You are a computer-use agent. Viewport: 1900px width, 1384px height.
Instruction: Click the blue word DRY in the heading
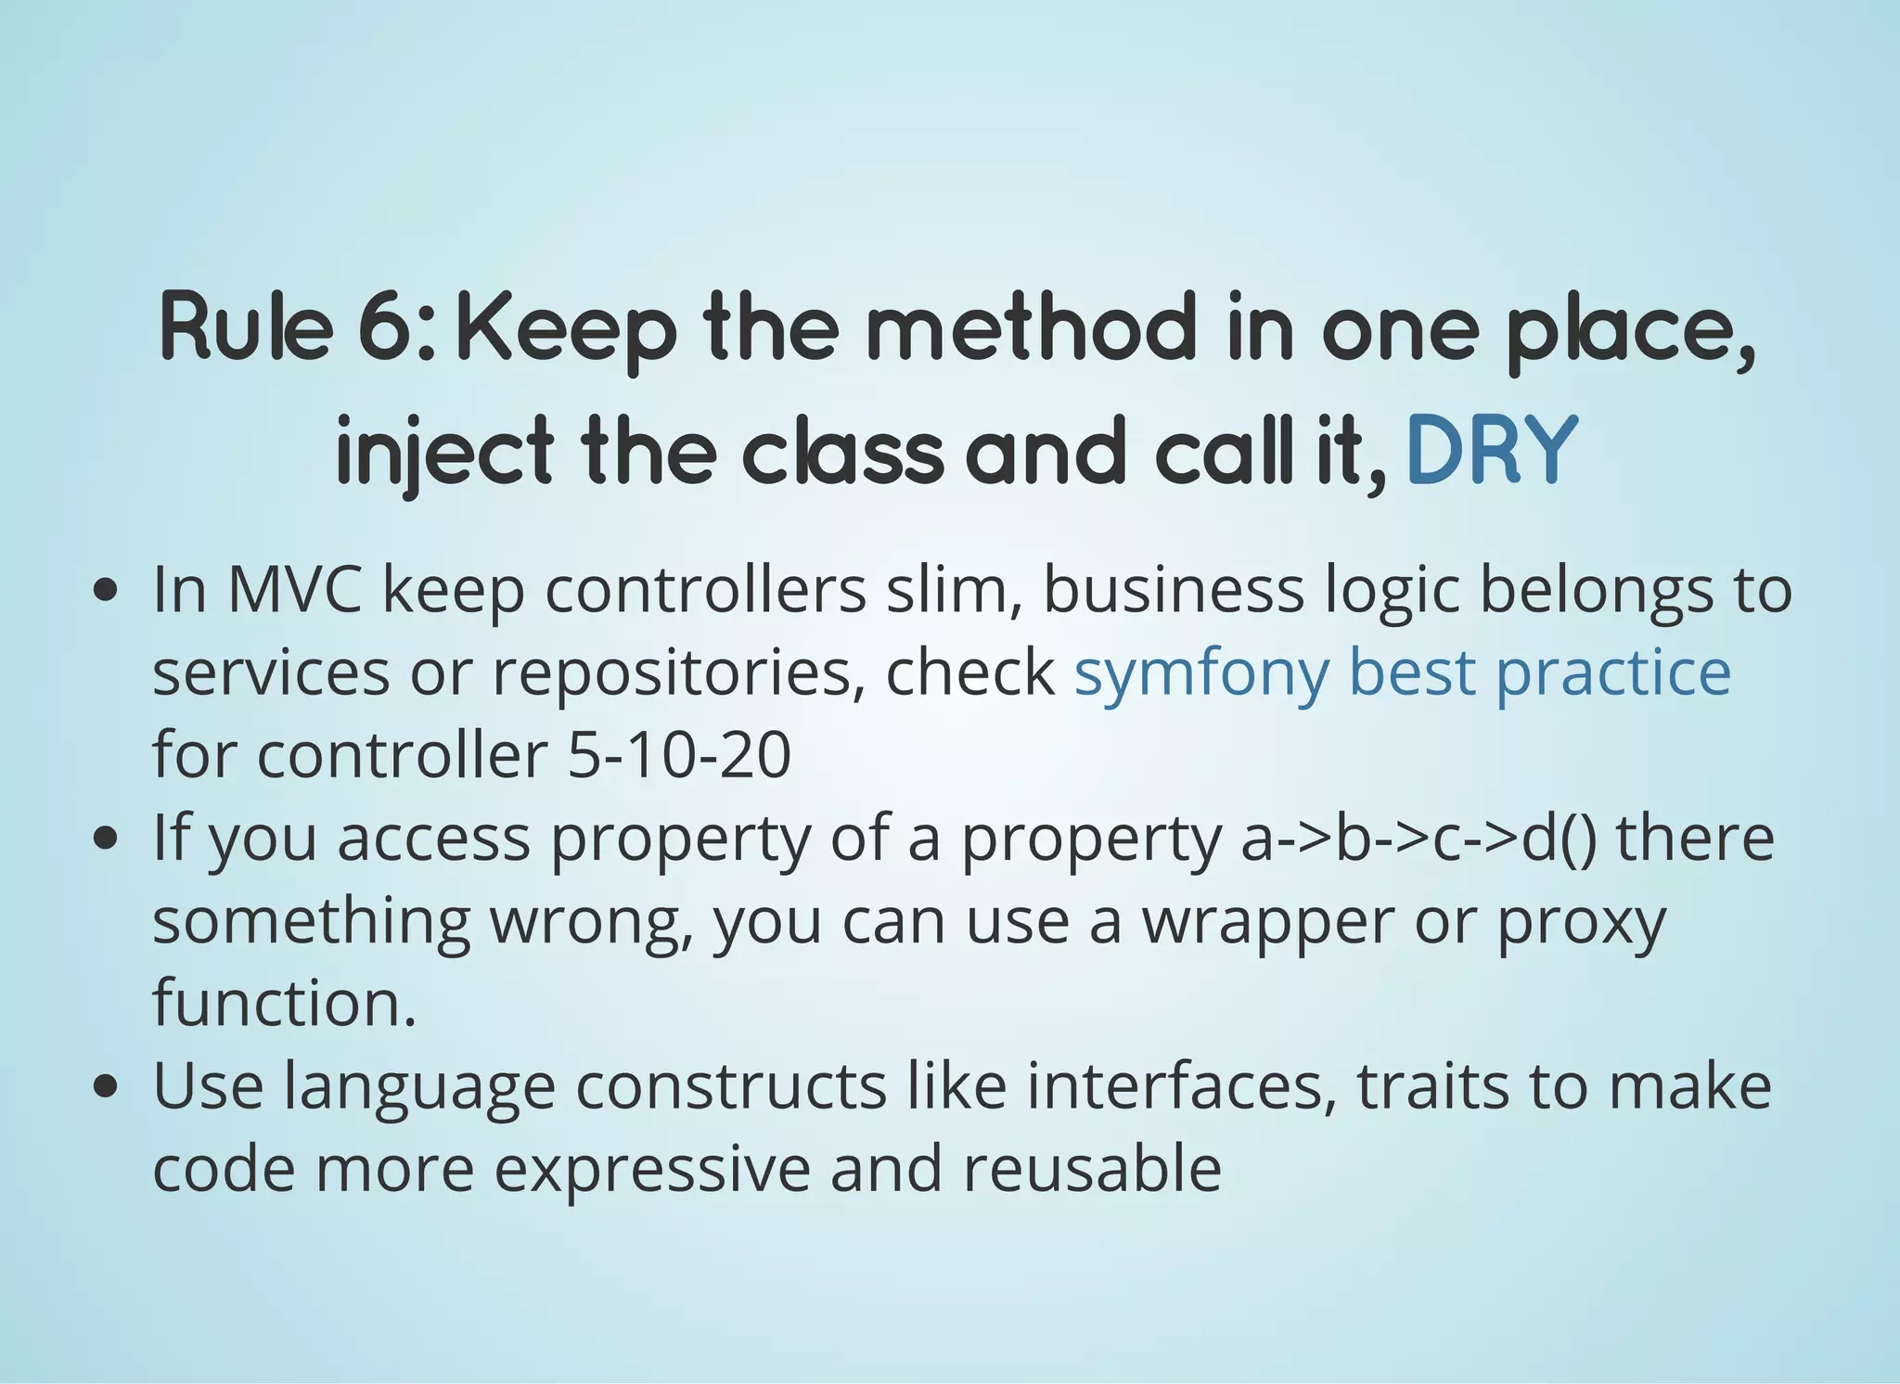pyautogui.click(x=1492, y=451)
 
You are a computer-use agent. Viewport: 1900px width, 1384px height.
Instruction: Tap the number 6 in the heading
pyautogui.click(x=390, y=328)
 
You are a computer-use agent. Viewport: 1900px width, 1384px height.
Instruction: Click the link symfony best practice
pyautogui.click(x=1402, y=672)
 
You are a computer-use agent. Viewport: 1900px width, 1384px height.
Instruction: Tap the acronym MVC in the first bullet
pyautogui.click(x=295, y=589)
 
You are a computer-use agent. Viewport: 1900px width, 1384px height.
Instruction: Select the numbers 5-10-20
pyautogui.click(x=678, y=754)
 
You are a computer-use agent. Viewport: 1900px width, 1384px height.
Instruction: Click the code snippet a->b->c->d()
pyautogui.click(x=1419, y=838)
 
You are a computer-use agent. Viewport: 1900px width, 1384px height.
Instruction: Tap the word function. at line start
pyautogui.click(x=284, y=1003)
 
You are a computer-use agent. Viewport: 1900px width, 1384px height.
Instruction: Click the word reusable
pyautogui.click(x=1092, y=1168)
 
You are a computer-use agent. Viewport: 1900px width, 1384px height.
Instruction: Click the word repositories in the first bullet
pyautogui.click(x=673, y=673)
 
